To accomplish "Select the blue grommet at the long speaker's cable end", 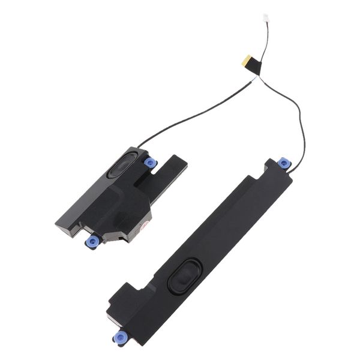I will (283, 164).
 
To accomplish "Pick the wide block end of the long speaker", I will (129, 312).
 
